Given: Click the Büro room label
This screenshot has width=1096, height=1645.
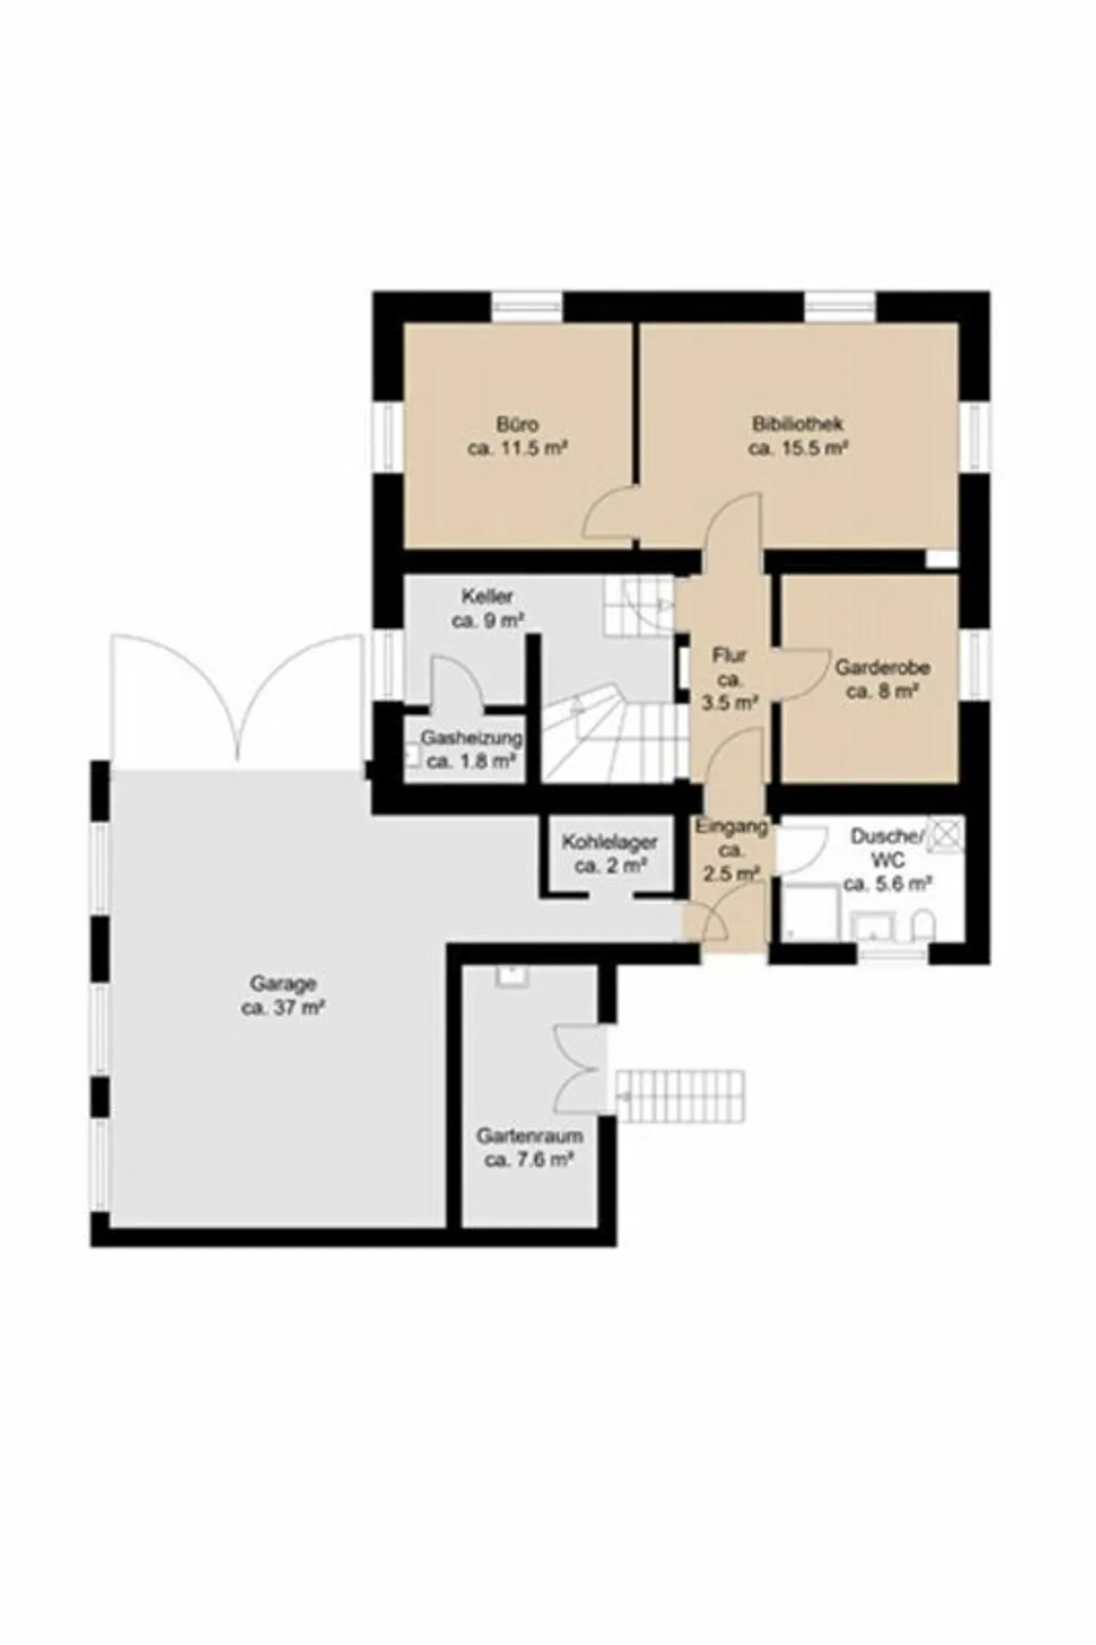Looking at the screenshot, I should coord(518,424).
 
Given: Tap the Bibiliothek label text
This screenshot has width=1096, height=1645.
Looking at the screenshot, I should coord(798,424).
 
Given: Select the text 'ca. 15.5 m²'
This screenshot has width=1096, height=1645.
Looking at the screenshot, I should coord(798,448).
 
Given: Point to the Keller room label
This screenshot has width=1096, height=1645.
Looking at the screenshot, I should coord(487,596).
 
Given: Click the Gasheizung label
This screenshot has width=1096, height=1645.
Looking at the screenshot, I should coord(472,738).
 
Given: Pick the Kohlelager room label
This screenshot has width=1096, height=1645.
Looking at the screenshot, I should coord(610,842).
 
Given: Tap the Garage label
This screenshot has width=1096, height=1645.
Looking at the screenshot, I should coord(283,983).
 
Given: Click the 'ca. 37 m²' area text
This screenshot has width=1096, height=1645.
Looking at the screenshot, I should coord(283,1008).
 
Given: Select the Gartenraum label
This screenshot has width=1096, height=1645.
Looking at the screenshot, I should coord(530,1136).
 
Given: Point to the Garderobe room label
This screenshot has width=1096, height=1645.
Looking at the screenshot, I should coord(882,668).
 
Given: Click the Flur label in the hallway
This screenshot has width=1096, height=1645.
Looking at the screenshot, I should coord(729,655).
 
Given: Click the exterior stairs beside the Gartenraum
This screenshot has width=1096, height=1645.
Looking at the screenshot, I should coord(680,1096).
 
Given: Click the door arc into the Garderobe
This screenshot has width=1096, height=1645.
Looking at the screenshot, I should coord(799,674).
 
